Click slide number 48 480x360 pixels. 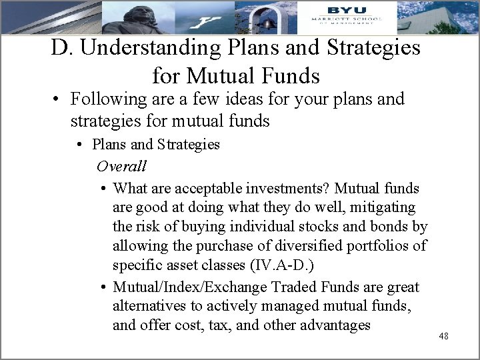tap(443, 336)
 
